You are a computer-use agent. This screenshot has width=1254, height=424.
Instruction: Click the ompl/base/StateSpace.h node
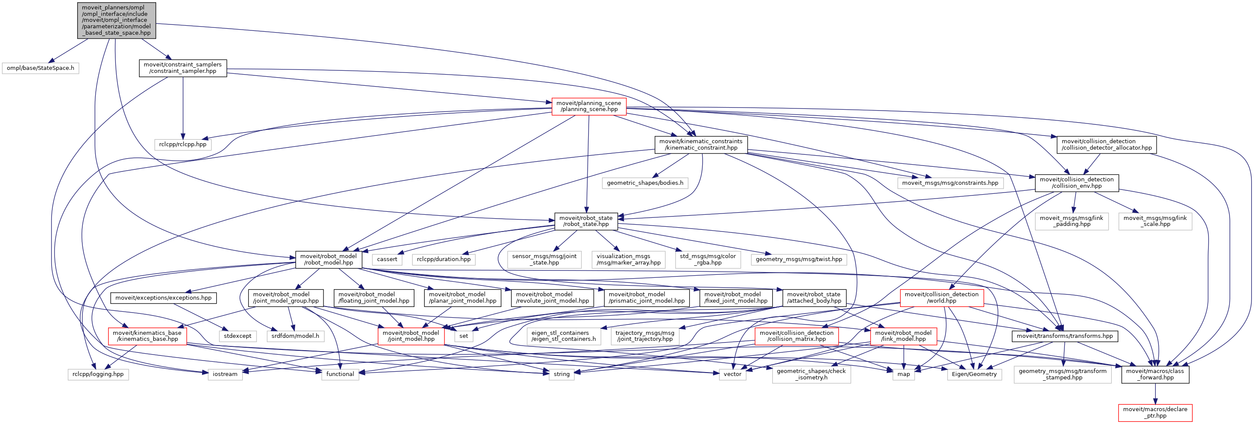[x=40, y=68]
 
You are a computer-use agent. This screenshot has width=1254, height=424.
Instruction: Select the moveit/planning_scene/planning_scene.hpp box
[x=589, y=106]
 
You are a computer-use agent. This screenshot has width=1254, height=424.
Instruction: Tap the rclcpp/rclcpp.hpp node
[x=183, y=144]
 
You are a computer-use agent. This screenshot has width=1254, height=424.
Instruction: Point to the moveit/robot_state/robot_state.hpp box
[x=586, y=221]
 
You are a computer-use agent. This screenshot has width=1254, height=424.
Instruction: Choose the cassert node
[x=387, y=260]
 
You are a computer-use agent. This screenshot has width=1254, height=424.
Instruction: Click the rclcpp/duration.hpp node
[x=444, y=260]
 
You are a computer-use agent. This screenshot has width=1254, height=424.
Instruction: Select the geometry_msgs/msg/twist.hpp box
[x=798, y=260]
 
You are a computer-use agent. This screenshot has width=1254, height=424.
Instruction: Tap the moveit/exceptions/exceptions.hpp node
[x=163, y=298]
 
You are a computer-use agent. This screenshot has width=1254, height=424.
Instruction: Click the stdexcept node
[x=238, y=336]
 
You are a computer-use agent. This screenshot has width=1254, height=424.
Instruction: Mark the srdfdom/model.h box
[x=295, y=336]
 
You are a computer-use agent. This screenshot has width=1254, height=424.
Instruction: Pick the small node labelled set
[x=463, y=336]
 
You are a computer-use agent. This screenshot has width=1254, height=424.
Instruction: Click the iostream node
[x=225, y=374]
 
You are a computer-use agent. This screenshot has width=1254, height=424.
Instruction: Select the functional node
[x=340, y=374]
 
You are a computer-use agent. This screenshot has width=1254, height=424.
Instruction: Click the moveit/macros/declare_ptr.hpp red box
[x=1155, y=412]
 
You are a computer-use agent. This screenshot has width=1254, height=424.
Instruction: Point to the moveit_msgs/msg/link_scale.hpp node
[x=1155, y=221]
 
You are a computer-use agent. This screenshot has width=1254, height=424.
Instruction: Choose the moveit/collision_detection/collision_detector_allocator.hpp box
[x=1106, y=144]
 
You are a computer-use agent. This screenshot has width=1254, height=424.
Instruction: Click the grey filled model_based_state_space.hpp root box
[x=116, y=21]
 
